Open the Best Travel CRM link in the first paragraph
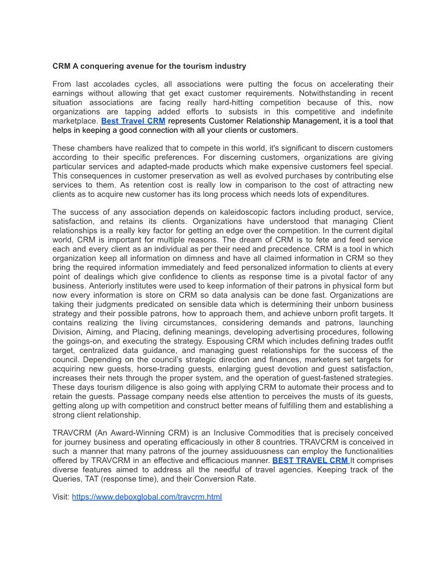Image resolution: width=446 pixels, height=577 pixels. (x=133, y=121)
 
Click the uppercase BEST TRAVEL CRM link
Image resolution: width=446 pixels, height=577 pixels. (x=310, y=460)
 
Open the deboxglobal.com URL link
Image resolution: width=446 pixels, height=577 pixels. (x=146, y=497)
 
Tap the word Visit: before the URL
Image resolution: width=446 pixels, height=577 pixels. (x=61, y=497)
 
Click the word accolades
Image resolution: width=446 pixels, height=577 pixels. (x=116, y=84)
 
